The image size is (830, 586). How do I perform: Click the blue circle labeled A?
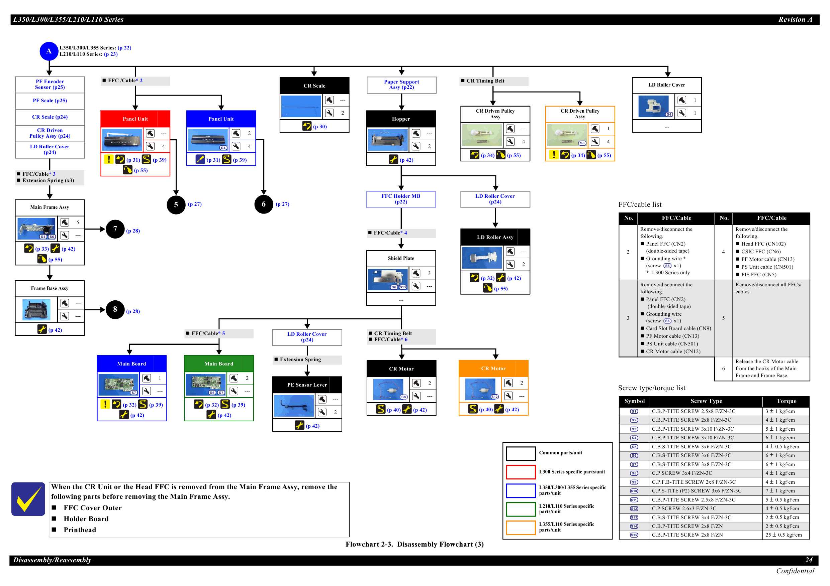point(49,51)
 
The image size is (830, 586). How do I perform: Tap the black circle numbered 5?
point(176,205)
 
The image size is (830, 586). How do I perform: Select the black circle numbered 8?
point(115,309)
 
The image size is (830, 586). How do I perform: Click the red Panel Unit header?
point(135,119)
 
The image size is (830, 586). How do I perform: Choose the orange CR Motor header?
point(493,368)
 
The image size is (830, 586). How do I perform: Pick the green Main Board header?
point(219,363)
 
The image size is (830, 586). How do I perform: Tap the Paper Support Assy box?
point(401,85)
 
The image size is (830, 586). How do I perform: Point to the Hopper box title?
point(401,119)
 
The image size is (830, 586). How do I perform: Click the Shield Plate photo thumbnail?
point(387,279)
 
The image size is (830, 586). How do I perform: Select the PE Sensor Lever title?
point(307,385)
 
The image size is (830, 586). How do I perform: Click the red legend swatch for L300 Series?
point(521,472)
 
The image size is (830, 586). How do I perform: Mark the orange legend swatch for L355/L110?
point(521,527)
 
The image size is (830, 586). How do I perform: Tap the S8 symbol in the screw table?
point(634,473)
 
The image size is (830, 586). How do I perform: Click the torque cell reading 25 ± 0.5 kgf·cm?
point(783,535)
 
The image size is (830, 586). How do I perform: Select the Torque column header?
point(786,401)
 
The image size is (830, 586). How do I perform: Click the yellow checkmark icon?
point(28,499)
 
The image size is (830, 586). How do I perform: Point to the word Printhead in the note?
point(80,530)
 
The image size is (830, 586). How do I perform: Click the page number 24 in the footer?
point(809,560)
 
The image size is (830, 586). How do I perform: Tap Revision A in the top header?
point(795,19)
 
